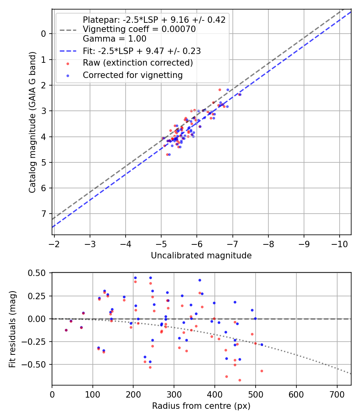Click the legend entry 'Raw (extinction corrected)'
point(138,63)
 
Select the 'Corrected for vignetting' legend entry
point(132,75)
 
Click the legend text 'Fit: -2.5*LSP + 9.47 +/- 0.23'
point(142,51)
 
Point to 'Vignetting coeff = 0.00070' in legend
point(139,29)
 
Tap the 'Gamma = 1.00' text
point(114,39)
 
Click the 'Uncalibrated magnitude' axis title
point(201,256)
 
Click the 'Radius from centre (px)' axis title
point(201,406)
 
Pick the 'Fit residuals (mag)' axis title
point(12,329)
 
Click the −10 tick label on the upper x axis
point(340,244)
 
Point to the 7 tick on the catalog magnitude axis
point(44,214)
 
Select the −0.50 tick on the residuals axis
point(38,364)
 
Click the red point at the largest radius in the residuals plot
point(262,371)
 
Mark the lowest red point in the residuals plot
point(240,380)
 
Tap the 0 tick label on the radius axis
point(52,394)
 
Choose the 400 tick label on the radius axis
point(215,394)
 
